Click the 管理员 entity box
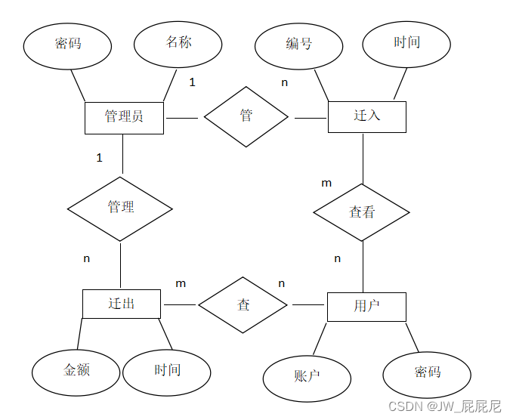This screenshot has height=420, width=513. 124,117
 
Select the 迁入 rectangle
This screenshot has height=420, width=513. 366,116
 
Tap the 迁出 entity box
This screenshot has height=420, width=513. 121,304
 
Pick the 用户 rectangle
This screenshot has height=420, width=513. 366,306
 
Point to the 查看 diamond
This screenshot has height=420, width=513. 362,212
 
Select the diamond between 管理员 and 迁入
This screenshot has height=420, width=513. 246,116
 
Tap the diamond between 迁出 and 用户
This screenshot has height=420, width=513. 243,305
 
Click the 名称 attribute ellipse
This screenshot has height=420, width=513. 179,43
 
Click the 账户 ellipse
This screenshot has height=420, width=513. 306,375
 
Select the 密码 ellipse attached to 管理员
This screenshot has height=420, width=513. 68,44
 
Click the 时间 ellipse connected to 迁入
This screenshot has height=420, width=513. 406,43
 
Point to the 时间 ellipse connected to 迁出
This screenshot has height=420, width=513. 167,371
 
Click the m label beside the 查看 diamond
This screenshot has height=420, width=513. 326,183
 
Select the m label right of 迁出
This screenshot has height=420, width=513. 181,283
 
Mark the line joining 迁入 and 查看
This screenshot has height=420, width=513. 363,158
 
